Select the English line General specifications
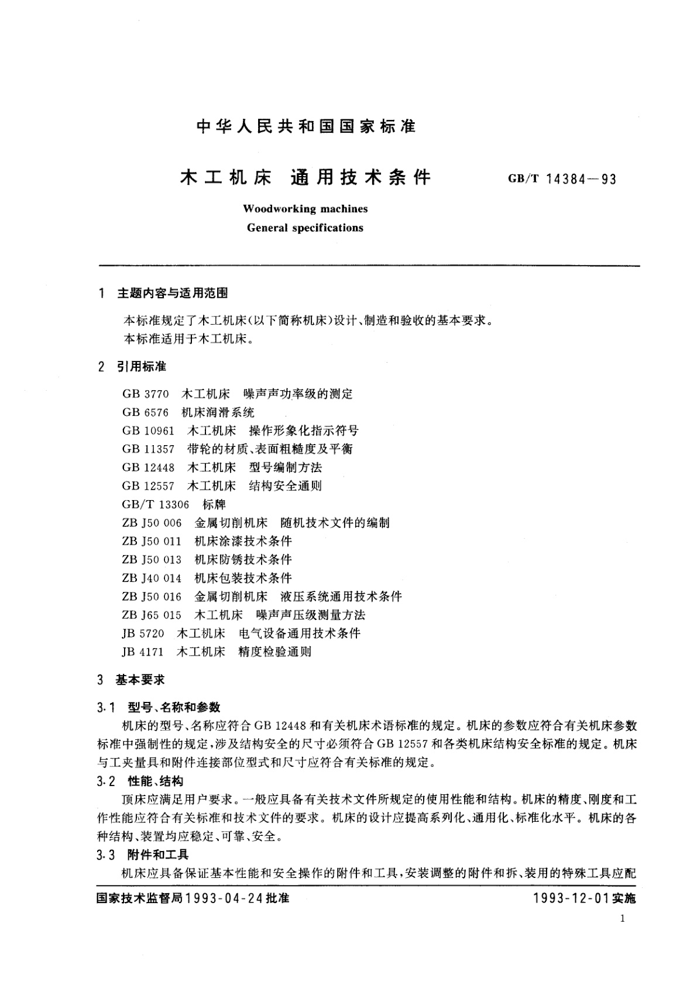[x=305, y=228]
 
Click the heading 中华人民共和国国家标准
[x=307, y=126]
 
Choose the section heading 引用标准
[x=142, y=367]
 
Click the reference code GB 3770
[x=146, y=394]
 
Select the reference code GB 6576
[x=146, y=412]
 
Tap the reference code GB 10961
[x=149, y=431]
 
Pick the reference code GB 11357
[x=149, y=449]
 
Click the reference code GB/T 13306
[x=156, y=504]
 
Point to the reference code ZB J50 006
[x=152, y=523]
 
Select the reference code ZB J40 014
[x=152, y=578]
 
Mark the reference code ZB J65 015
[x=152, y=615]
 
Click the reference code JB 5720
[x=143, y=633]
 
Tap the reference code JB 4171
[x=143, y=652]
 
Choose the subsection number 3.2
[x=107, y=781]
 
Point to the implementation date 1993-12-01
[x=571, y=898]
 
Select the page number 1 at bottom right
[x=622, y=918]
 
